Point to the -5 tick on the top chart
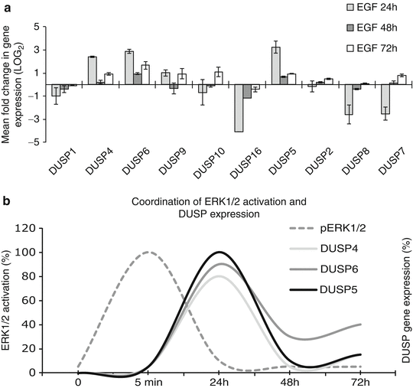tap(33, 142)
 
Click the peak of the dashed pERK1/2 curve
tap(150, 252)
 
